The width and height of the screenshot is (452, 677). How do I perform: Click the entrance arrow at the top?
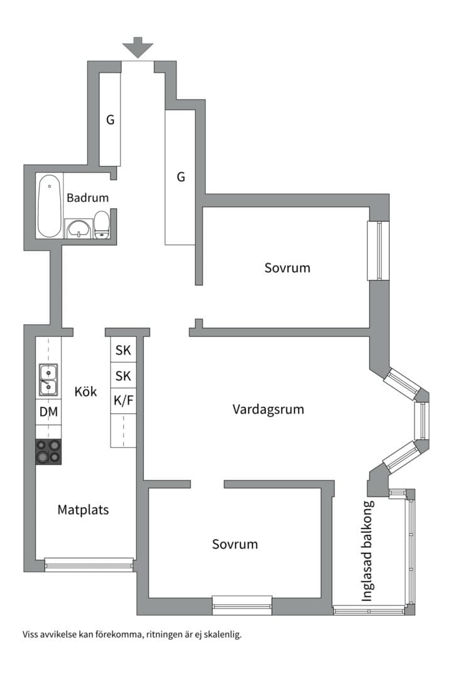pyautogui.click(x=137, y=48)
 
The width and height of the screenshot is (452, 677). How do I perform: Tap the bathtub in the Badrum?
pyautogui.click(x=50, y=206)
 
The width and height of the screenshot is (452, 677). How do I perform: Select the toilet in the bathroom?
pyautogui.click(x=102, y=224)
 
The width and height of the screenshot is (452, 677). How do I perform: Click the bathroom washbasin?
pyautogui.click(x=78, y=228)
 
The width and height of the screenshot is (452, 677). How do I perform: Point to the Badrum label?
pyautogui.click(x=87, y=197)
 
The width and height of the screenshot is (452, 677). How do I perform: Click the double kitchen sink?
pyautogui.click(x=48, y=380)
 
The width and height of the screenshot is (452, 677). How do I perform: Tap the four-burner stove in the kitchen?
pyautogui.click(x=48, y=451)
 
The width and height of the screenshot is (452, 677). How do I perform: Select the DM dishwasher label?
pyautogui.click(x=48, y=412)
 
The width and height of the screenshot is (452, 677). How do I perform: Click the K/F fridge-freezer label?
pyautogui.click(x=123, y=401)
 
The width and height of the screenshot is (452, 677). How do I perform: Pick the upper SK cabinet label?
pyautogui.click(x=123, y=350)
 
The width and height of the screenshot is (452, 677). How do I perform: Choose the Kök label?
pyautogui.click(x=85, y=392)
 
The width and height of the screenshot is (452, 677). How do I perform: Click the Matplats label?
pyautogui.click(x=83, y=510)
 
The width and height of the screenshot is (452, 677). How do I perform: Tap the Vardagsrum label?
pyautogui.click(x=268, y=409)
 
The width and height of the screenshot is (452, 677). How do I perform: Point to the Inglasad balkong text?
pyautogui.click(x=367, y=552)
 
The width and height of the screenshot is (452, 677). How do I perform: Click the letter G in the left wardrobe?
pyautogui.click(x=110, y=120)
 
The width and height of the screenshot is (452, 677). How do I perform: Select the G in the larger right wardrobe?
pyautogui.click(x=181, y=177)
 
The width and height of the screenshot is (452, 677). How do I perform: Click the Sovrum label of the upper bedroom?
pyautogui.click(x=287, y=268)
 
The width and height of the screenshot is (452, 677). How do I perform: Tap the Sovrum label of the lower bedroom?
pyautogui.click(x=235, y=544)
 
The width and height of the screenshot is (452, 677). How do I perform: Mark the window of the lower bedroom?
pyautogui.click(x=242, y=606)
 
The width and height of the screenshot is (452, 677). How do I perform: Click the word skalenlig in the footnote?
pyautogui.click(x=222, y=634)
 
